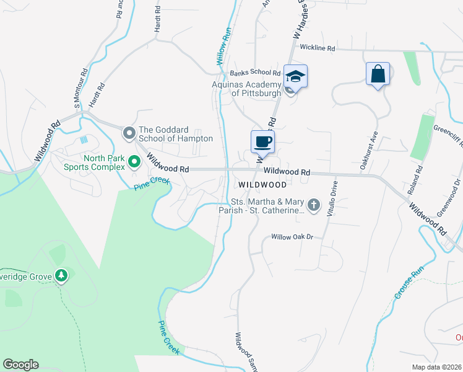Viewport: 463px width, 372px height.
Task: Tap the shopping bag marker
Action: [377, 74]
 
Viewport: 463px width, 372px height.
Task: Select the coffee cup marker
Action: [262, 141]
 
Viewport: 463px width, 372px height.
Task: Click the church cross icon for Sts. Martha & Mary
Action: [314, 205]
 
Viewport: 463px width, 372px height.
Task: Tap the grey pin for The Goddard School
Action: [129, 133]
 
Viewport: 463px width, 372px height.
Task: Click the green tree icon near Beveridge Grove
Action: [61, 275]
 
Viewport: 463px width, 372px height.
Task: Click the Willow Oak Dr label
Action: [293, 237]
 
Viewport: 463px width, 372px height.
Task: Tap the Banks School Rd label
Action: [255, 73]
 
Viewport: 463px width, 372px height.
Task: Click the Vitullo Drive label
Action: [335, 196]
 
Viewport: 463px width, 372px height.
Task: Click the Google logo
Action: [20, 365]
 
